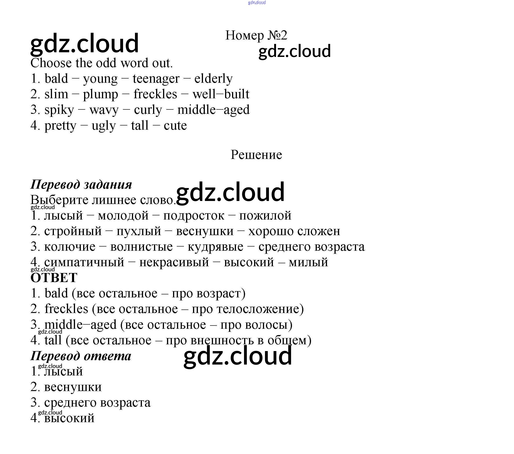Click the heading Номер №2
coord(256,35)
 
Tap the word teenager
coord(156,79)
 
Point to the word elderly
coord(213,79)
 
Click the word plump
coord(100,95)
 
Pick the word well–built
coord(221,94)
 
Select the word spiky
coord(59,110)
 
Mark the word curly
coord(148,110)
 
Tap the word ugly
coord(104,126)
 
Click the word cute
coord(175,125)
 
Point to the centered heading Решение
coord(256,155)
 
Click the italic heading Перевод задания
coord(81,184)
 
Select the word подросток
coord(194,216)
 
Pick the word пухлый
coord(139,231)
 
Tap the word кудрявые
coord(215,247)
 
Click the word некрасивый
coord(174,262)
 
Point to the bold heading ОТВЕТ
coord(54,278)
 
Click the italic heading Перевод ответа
coord(81,356)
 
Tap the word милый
coord(308,262)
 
